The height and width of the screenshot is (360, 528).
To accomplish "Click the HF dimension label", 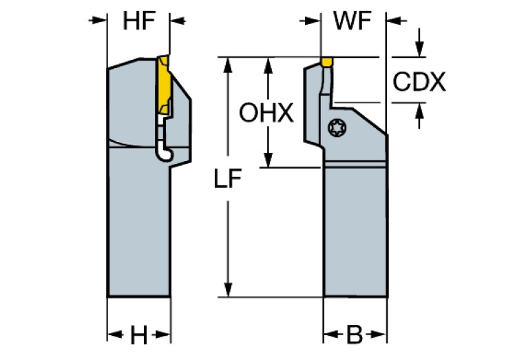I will coord(138,21).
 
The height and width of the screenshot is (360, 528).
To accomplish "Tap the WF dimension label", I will coord(352,21).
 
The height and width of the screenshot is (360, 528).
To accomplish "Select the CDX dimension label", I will coord(419,82).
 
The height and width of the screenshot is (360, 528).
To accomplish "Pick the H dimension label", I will coord(138,336).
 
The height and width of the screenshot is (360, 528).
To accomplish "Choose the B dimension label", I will coord(354,336).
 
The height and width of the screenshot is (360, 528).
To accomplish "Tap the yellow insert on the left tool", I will coord(165,86).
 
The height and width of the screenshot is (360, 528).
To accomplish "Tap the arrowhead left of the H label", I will coord(114,336).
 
